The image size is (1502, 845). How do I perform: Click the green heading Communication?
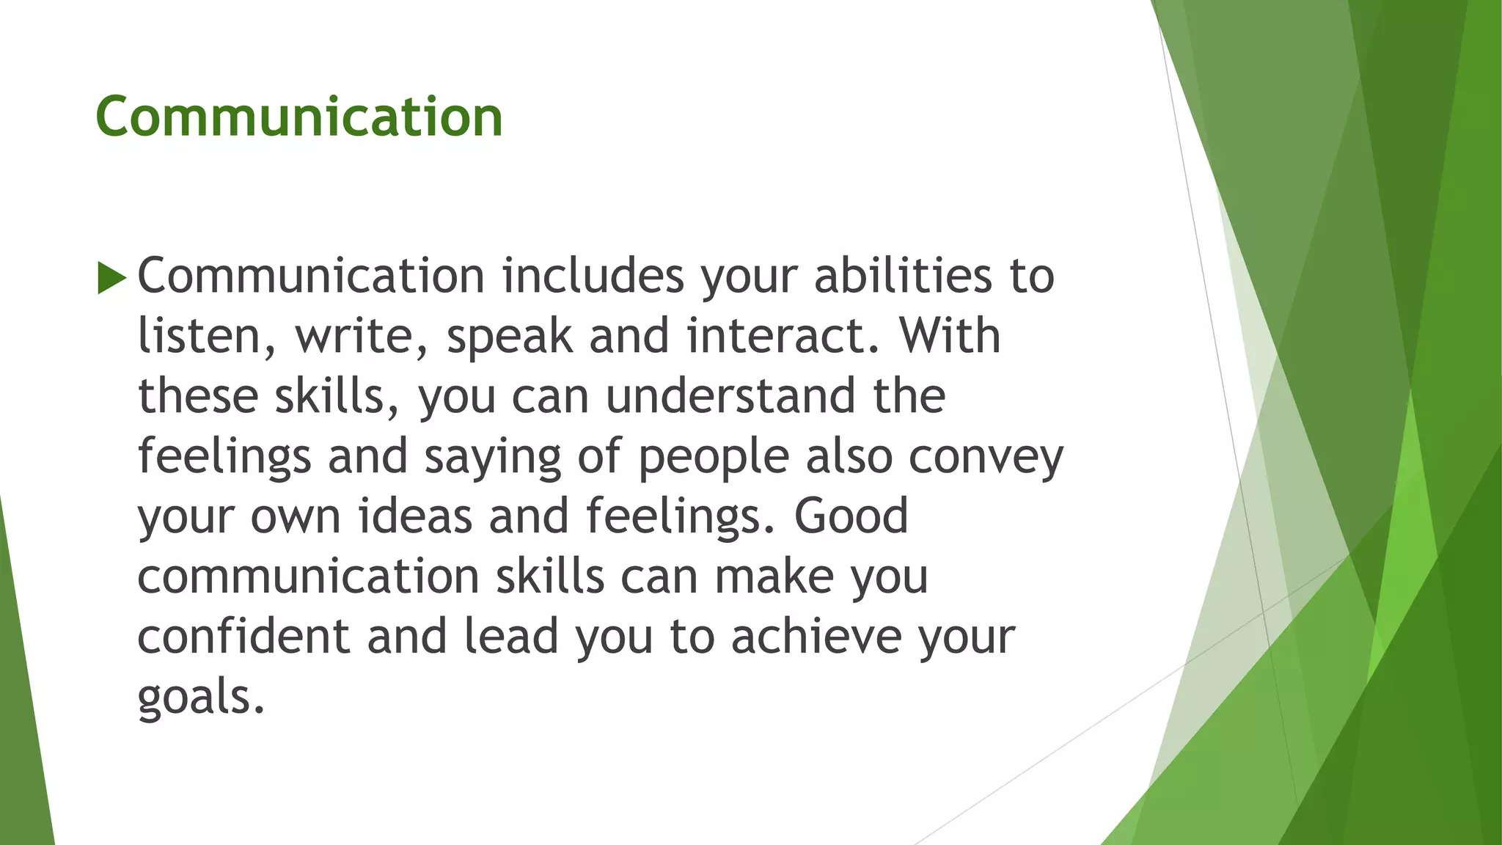point(298,117)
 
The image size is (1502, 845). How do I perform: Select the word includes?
point(593,277)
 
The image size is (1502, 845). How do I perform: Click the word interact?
point(777,337)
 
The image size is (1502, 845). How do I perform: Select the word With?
point(950,337)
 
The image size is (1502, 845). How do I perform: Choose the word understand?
point(730,397)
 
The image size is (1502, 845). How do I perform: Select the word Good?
point(851,516)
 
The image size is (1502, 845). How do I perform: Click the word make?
point(774,577)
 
